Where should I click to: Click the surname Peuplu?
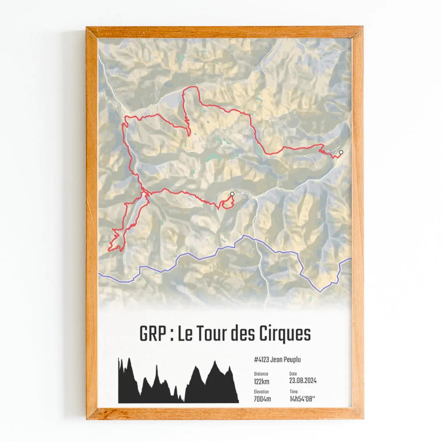[292, 360]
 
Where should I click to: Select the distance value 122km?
[262, 381]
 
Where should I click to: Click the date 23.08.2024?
[303, 381]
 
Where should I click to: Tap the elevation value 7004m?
[263, 399]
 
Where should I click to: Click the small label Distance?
[261, 373]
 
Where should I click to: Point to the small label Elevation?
[262, 392]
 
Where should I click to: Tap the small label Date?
[293, 373]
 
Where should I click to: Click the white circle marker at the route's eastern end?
[341, 152]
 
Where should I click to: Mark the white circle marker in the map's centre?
[232, 194]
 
